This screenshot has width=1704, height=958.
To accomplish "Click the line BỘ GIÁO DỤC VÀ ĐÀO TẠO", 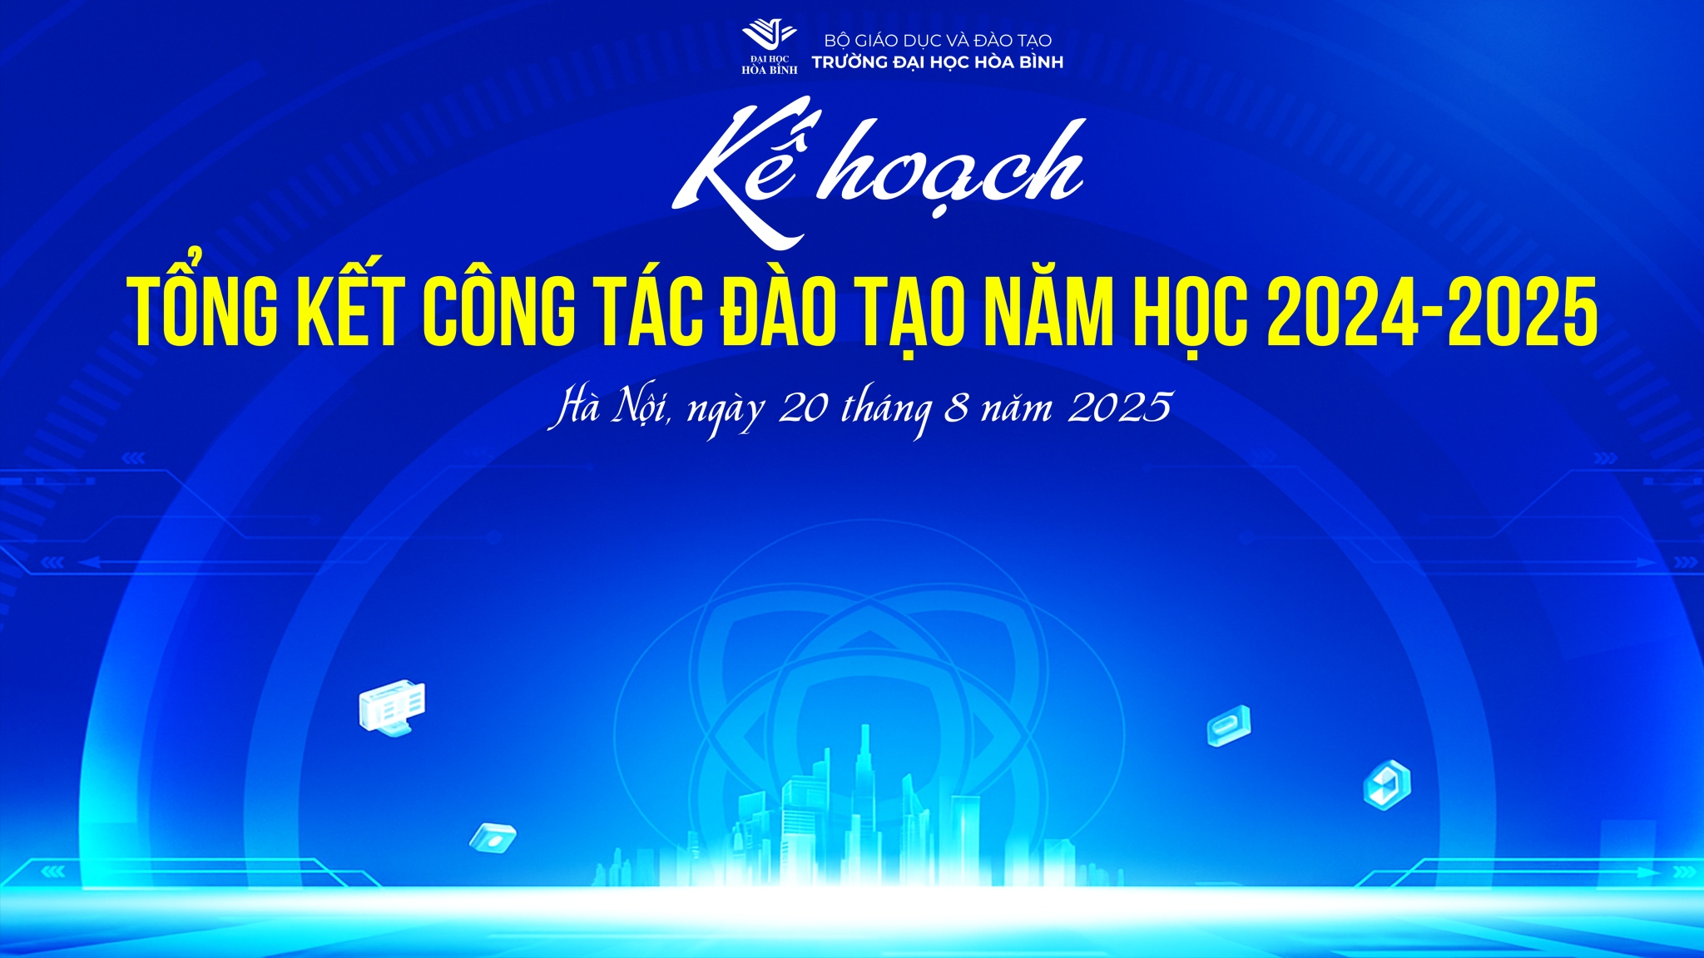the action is point(938,40).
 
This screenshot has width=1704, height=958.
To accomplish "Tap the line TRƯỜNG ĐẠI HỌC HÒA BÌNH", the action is point(938,62).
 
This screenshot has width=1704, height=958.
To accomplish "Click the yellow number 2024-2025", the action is point(1431,311).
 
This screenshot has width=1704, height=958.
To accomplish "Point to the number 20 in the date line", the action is point(803,407).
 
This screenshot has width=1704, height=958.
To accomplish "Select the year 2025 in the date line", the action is point(1120,407).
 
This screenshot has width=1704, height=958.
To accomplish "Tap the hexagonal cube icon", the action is point(1387,784).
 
